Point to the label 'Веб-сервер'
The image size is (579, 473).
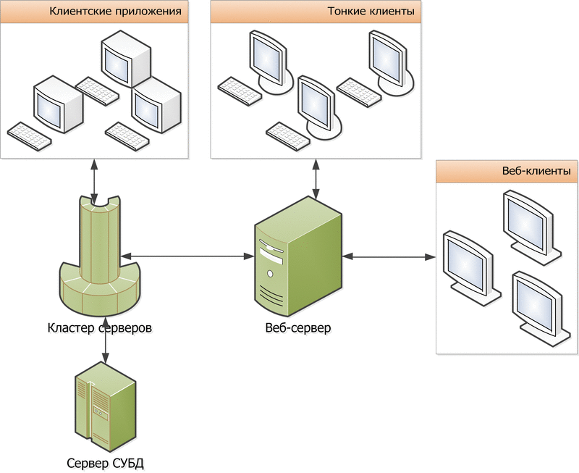coord(298,327)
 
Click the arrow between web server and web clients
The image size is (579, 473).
coord(392,256)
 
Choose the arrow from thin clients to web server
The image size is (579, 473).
coord(314,178)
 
